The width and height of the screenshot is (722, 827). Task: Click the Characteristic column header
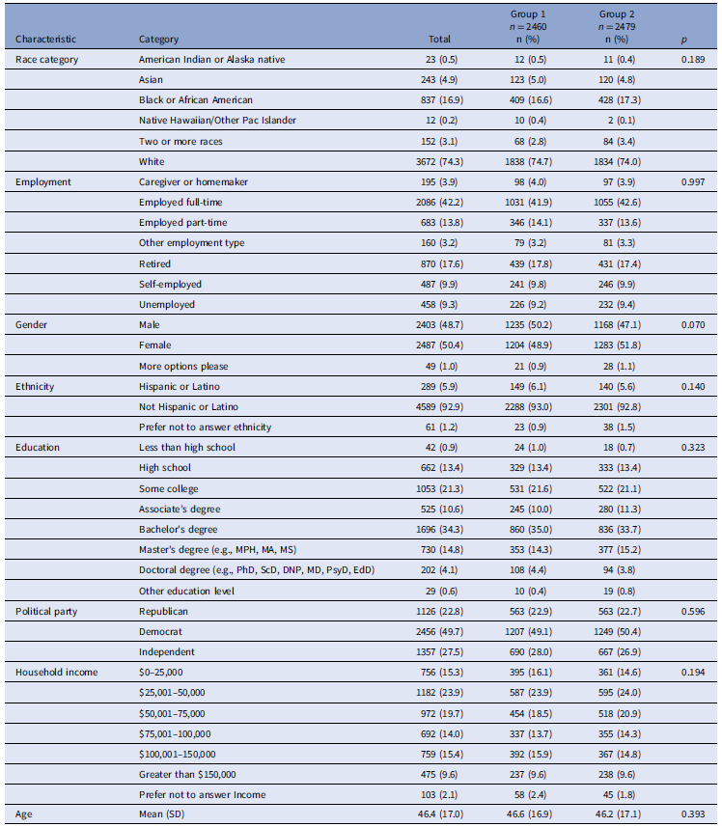(45, 39)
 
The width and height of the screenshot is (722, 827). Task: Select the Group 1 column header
(528, 26)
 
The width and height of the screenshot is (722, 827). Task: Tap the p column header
(684, 40)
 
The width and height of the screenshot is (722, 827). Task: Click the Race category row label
(46, 60)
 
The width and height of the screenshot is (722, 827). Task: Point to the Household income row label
(56, 672)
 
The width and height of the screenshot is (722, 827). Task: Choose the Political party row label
(46, 611)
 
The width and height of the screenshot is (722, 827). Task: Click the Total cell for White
(439, 161)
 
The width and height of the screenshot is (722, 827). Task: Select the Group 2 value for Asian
(617, 80)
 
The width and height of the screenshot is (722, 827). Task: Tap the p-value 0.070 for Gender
(693, 325)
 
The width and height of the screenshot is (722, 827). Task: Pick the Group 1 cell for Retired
(528, 263)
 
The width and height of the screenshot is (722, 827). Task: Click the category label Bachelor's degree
(179, 530)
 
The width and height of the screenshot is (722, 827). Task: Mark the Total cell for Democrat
(439, 632)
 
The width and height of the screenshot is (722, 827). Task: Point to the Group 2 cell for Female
(617, 345)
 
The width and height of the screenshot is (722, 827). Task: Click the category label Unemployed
(167, 304)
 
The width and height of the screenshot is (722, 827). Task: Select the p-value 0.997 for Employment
(693, 182)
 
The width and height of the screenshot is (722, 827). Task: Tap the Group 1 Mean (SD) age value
(529, 813)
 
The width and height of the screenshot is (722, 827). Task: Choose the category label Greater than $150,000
(187, 774)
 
